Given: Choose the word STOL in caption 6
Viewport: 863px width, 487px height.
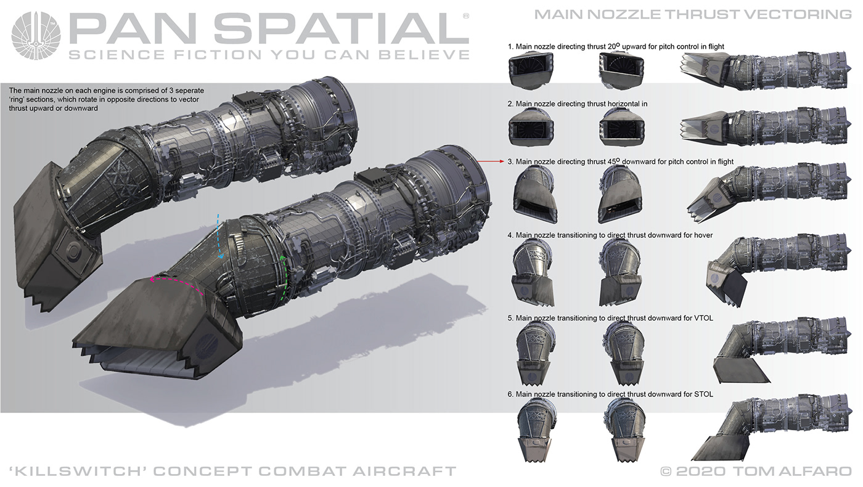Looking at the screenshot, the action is click(x=703, y=394).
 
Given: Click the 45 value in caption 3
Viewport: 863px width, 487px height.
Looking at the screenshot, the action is click(x=613, y=162).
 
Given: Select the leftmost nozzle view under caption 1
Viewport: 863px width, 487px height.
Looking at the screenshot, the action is click(x=531, y=70).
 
